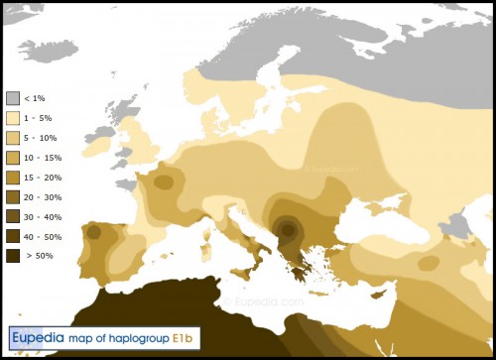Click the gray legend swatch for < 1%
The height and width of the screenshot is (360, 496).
click(13, 98)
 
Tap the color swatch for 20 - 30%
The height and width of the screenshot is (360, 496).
click(13, 196)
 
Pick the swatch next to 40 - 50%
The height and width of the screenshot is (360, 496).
click(13, 235)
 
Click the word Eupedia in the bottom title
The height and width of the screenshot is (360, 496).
click(37, 340)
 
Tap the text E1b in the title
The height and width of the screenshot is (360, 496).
click(185, 340)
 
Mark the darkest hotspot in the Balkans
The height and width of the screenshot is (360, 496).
click(288, 229)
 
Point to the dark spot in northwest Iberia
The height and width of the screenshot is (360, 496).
click(93, 232)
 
